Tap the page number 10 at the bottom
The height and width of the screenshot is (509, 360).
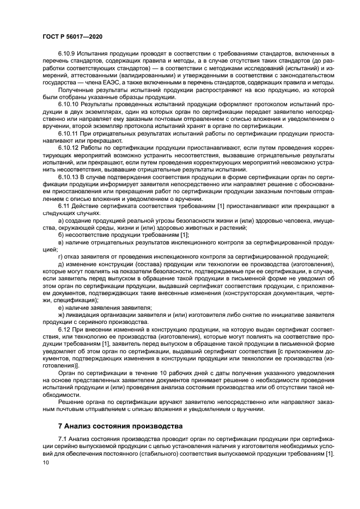pyautogui.click(x=45, y=462)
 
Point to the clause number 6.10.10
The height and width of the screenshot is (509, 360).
pyautogui.click(x=70, y=103)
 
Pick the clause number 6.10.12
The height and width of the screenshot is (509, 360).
pyautogui.click(x=70, y=147)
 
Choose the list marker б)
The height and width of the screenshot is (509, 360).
pyautogui.click(x=61, y=234)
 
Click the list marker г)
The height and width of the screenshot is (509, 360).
pyautogui.click(x=60, y=256)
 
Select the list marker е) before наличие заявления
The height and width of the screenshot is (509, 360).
pyautogui.click(x=61, y=306)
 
